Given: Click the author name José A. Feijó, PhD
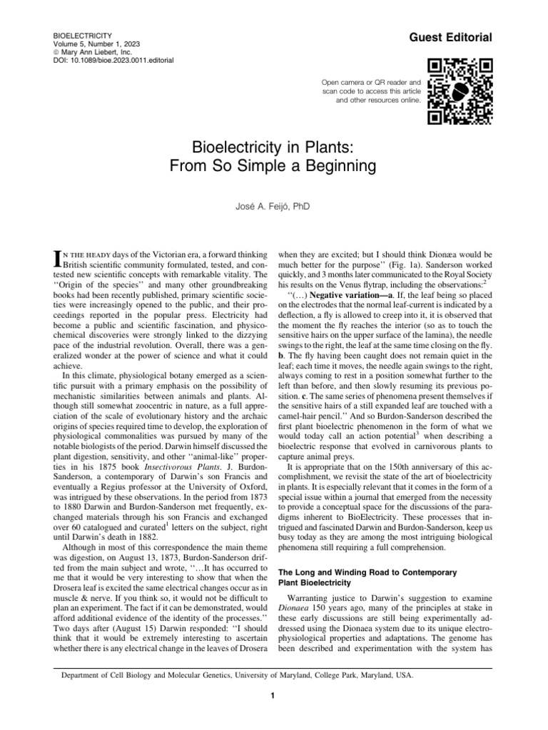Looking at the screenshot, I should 273,207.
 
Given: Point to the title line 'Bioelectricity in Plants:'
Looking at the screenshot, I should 273,148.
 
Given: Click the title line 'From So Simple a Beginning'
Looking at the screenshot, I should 273,168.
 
